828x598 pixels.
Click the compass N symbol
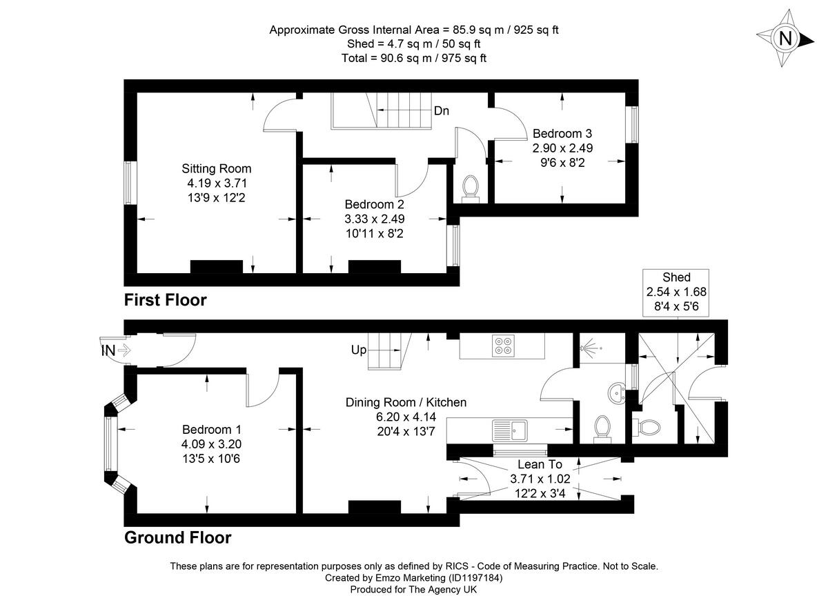pyautogui.click(x=785, y=39)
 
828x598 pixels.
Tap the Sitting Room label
pyautogui.click(x=217, y=168)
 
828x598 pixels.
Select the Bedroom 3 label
pyautogui.click(x=562, y=134)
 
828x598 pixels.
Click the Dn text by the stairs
pyautogui.click(x=442, y=111)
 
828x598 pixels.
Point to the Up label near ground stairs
pyautogui.click(x=359, y=350)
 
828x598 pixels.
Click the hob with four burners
pyautogui.click(x=502, y=345)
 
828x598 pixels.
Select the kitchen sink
pyautogui.click(x=511, y=430)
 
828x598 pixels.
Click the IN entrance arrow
pyautogui.click(x=113, y=350)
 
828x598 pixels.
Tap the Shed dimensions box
pyautogui.click(x=676, y=292)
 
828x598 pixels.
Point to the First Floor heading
pyautogui.click(x=165, y=300)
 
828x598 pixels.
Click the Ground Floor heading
pyautogui.click(x=177, y=537)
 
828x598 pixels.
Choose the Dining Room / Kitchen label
pyautogui.click(x=406, y=402)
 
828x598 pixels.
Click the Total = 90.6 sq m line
pyautogui.click(x=414, y=58)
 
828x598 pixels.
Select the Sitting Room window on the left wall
pyautogui.click(x=129, y=183)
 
